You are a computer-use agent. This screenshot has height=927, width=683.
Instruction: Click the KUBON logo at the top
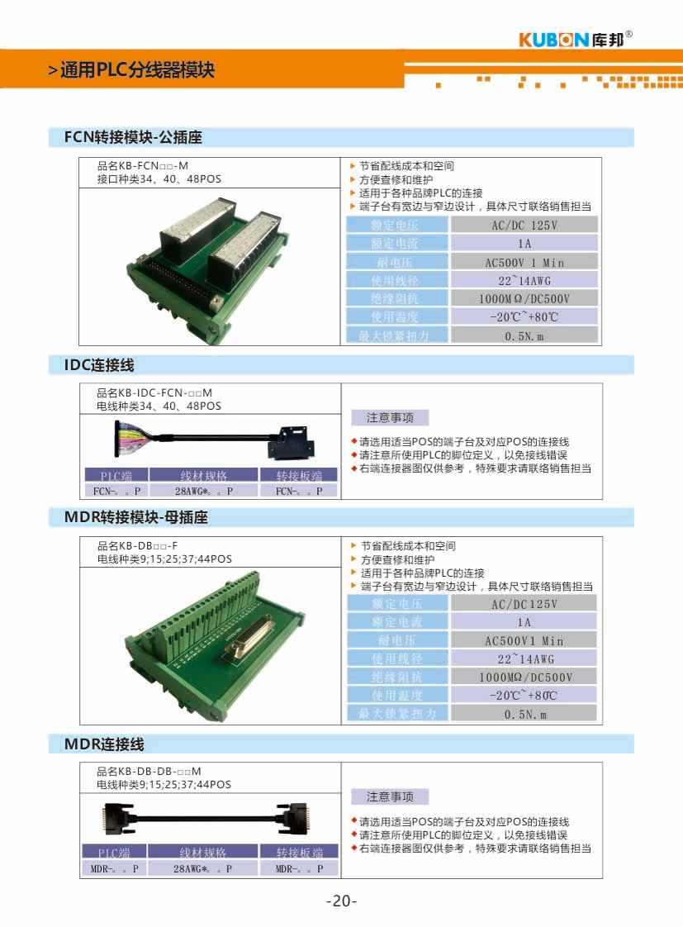click(576, 39)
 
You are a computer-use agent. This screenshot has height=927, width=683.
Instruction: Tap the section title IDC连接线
click(99, 364)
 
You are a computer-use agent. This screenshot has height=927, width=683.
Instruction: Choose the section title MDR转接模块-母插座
click(135, 518)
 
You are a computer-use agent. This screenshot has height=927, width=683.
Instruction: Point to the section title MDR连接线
click(104, 744)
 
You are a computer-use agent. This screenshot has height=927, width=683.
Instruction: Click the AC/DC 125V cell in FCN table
click(524, 225)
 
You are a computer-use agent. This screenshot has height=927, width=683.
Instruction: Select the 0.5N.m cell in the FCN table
click(524, 335)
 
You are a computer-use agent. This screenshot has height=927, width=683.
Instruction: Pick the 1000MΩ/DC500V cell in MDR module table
click(524, 677)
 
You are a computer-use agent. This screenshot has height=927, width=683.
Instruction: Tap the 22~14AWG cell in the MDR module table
click(524, 658)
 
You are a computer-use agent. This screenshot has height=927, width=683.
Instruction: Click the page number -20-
click(341, 901)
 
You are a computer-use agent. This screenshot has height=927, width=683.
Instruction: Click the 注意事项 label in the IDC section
click(390, 418)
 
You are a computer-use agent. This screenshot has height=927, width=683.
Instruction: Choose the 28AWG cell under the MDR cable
click(203, 868)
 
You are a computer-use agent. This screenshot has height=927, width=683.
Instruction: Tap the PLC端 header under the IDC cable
click(116, 475)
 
